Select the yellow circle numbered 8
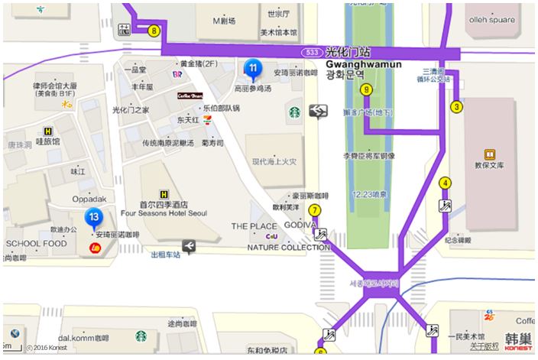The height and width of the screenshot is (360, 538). pyautogui.click(x=154, y=31)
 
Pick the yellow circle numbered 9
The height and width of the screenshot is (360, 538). pyautogui.click(x=367, y=90)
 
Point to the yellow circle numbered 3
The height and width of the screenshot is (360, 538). pyautogui.click(x=456, y=106)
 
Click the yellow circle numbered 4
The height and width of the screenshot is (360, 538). pyautogui.click(x=445, y=183)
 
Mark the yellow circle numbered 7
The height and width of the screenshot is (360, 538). pyautogui.click(x=314, y=210)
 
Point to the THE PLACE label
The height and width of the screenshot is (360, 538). pyautogui.click(x=254, y=226)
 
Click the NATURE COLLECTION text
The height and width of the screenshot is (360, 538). pyautogui.click(x=288, y=247)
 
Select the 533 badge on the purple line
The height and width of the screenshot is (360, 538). pyautogui.click(x=310, y=52)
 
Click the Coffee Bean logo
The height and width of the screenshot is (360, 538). pyautogui.click(x=190, y=97)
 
